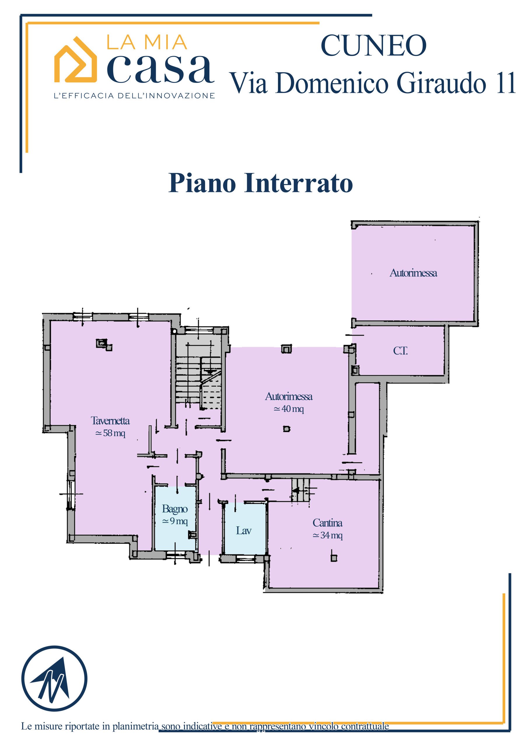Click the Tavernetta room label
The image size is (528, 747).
coord(110,421)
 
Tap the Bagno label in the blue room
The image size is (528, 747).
coord(175,509)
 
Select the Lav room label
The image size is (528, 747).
coord(244,531)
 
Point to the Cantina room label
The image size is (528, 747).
coord(327,523)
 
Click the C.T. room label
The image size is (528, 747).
coord(400,351)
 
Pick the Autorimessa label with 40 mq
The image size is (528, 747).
coord(289,396)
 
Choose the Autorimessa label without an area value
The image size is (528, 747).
coord(413,273)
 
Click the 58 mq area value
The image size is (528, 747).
coord(110,433)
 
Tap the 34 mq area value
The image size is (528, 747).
coord(327,535)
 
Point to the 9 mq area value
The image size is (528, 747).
coord(175,521)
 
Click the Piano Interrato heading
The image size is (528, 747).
coord(260,183)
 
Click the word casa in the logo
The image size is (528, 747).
coord(160,69)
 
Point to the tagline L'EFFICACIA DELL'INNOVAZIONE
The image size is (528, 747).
coord(134,96)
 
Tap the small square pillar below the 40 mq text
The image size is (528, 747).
coord(286,429)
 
